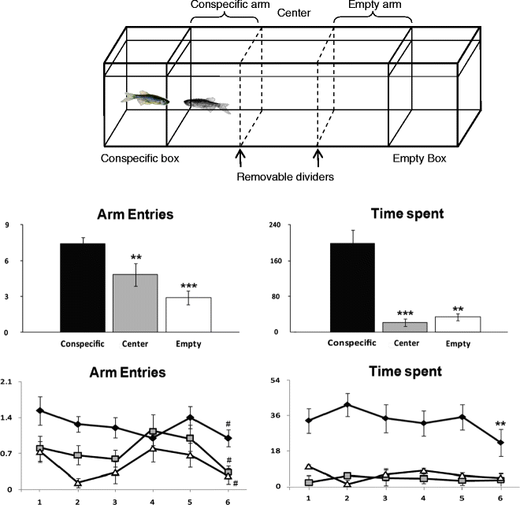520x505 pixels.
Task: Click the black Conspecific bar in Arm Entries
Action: (x=83, y=288)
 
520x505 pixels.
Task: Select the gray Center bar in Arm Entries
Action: (x=135, y=303)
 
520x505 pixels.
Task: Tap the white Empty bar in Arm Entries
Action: (x=187, y=314)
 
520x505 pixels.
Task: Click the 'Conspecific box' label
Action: (x=140, y=158)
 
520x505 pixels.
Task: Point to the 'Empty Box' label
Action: (x=419, y=158)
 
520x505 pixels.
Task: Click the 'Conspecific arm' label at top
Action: (x=225, y=6)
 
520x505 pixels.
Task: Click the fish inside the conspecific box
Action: (x=145, y=99)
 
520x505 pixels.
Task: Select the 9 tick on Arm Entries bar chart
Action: (x=29, y=225)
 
